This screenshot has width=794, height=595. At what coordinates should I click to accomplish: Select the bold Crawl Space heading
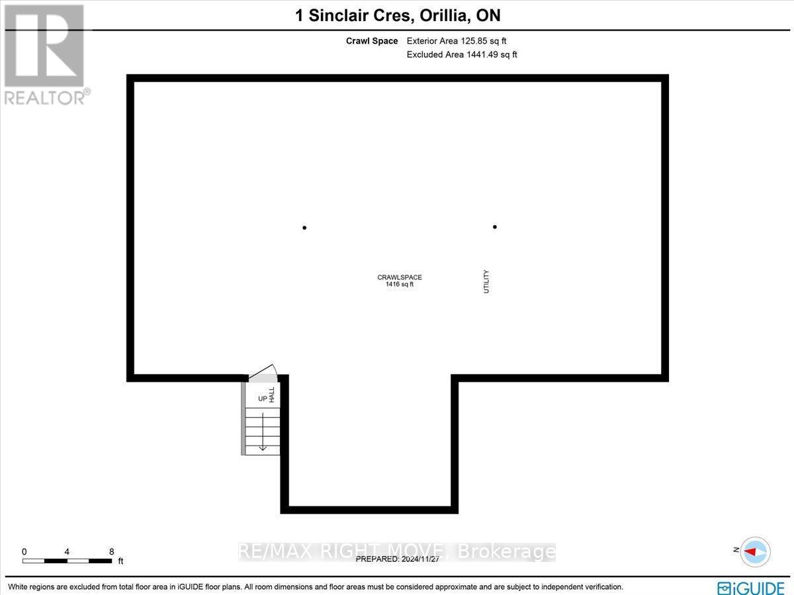372,41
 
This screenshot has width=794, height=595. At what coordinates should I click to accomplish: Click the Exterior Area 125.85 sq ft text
457,41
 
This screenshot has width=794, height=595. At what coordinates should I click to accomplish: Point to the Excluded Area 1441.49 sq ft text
462,54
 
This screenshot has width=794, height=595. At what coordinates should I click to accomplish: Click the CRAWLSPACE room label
400,277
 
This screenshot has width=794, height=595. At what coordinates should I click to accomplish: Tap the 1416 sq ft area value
400,285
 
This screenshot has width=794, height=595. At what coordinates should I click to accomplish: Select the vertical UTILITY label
486,281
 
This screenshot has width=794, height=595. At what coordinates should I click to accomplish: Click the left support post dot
304,228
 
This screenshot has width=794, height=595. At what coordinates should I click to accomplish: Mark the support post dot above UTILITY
495,227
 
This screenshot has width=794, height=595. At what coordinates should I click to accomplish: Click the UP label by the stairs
262,399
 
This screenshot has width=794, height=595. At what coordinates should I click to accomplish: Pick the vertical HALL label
272,395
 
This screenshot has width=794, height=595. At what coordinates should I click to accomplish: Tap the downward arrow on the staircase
263,434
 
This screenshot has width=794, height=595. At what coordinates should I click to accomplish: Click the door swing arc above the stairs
263,371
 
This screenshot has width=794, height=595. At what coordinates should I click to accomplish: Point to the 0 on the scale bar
24,551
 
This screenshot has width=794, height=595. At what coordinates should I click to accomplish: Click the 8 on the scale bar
112,551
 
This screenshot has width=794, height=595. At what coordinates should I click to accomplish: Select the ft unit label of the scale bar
120,561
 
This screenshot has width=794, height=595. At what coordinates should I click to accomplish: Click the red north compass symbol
755,551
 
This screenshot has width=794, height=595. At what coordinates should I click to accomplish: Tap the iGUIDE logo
750,586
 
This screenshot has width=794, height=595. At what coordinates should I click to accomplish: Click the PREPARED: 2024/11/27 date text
398,559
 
